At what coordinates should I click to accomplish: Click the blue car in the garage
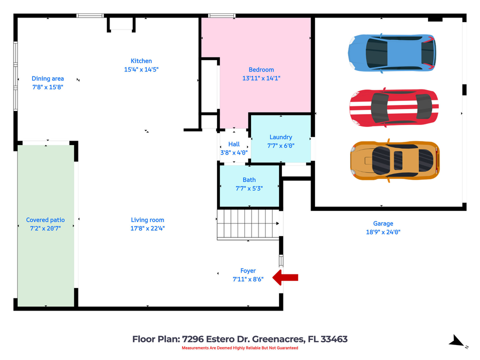(391, 53)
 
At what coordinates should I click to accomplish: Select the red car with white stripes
(394, 107)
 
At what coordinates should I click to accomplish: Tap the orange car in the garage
(395, 160)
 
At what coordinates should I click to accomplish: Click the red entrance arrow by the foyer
(285, 277)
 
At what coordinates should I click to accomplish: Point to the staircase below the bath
(248, 224)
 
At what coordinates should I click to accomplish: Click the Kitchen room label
(141, 61)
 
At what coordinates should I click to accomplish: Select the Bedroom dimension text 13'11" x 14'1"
(261, 78)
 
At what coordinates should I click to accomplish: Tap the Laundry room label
(280, 137)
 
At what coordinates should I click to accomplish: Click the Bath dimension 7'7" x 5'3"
(249, 188)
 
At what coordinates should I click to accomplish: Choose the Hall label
(234, 144)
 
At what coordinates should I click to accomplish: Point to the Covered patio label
(45, 220)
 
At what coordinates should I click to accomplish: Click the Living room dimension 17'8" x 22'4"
(147, 228)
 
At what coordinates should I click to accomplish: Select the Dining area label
(47, 78)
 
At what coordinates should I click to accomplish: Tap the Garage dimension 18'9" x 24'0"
(383, 232)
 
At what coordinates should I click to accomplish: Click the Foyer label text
(248, 271)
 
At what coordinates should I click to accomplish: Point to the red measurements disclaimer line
(239, 348)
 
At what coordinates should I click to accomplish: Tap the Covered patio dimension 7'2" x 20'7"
(45, 228)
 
